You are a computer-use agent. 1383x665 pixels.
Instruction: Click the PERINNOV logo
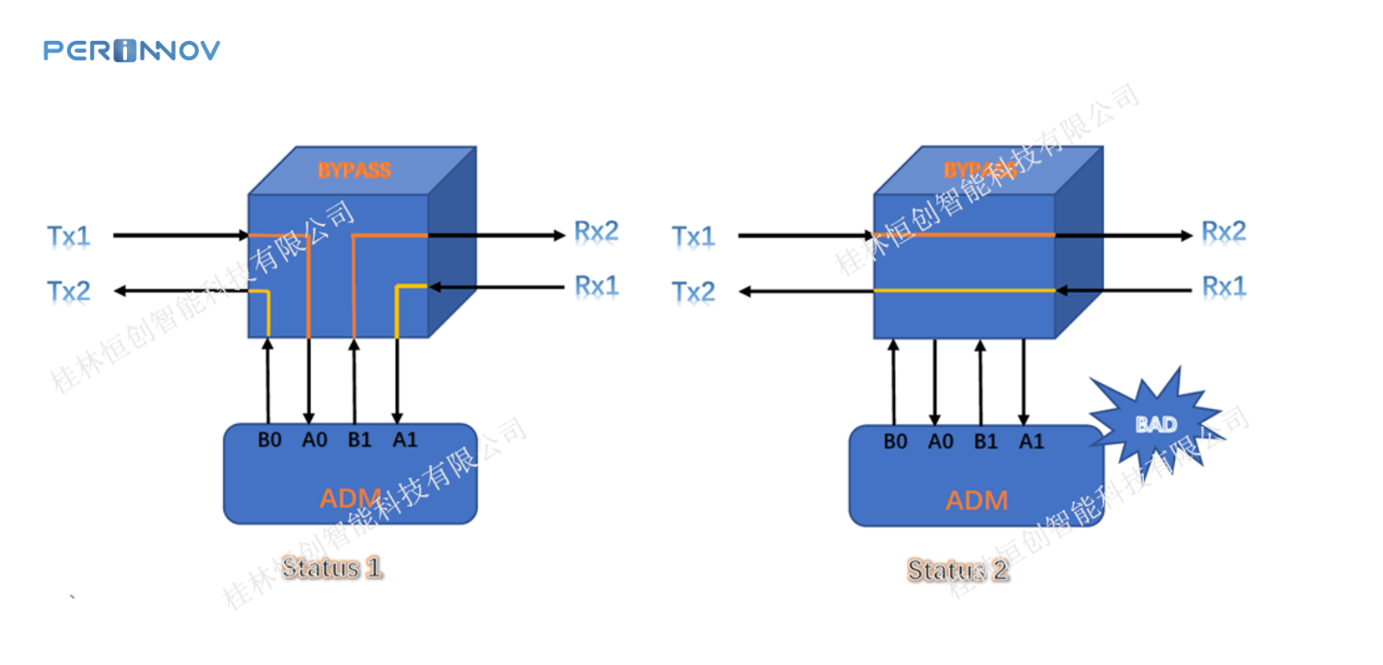pos(131,51)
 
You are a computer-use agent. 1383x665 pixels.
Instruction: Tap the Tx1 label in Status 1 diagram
pos(69,236)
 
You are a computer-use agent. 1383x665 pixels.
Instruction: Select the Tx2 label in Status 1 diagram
pos(69,291)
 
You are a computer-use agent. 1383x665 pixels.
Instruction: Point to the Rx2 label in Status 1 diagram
pos(597,231)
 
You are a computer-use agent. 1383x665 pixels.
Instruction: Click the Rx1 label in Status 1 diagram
pos(597,286)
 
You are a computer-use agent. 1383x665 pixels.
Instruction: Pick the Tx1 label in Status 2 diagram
pos(694,236)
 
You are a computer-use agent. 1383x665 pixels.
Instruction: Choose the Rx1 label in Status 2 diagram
pos(1224,286)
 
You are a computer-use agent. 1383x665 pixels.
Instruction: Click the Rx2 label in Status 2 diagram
pos(1224,231)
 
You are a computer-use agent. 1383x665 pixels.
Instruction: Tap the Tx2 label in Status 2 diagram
pos(694,291)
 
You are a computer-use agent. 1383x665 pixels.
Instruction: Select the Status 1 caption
pos(332,568)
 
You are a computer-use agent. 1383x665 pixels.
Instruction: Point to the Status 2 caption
pos(958,570)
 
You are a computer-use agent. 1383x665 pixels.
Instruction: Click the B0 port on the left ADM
pos(269,440)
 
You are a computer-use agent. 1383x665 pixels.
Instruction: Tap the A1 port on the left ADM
pos(405,440)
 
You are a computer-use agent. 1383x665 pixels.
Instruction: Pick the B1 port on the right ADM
pos(986,442)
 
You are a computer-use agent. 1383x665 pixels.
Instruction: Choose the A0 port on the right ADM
pos(941,442)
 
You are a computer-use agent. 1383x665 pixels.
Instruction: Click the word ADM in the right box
pos(977,500)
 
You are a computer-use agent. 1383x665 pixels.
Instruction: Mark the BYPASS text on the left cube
pos(354,171)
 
